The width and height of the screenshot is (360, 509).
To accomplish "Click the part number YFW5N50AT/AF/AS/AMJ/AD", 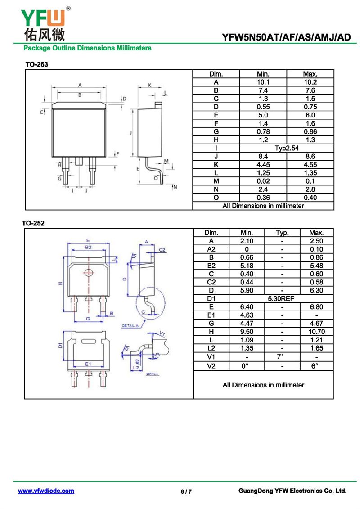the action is click(286, 37).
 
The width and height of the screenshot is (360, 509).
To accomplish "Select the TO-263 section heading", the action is click(37, 64).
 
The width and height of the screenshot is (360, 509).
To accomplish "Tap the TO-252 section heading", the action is click(33, 223).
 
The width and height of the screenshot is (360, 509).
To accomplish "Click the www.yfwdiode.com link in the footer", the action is click(46, 491).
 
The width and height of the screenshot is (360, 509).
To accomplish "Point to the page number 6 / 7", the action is click(186, 491).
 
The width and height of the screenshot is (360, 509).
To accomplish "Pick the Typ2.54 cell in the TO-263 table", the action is click(287, 149).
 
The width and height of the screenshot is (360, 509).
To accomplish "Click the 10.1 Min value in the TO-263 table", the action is click(263, 82).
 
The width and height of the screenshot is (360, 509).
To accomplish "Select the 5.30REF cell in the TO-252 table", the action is click(281, 299).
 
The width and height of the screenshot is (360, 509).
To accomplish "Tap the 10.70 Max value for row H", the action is click(316, 332).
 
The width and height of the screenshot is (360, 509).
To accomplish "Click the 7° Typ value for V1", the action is click(281, 356).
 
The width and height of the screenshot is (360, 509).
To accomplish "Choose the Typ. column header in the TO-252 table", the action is click(283, 233).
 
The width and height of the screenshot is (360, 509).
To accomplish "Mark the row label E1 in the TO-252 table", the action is click(211, 315).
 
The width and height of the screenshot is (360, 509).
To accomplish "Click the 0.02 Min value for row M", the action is click(263, 181).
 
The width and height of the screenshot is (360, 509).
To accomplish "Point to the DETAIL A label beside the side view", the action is click(130, 325).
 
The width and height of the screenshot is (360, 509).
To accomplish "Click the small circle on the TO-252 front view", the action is click(88, 273).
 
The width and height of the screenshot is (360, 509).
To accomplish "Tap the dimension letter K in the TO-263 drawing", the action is click(150, 85).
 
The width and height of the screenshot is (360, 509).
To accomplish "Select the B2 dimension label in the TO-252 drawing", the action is click(88, 247).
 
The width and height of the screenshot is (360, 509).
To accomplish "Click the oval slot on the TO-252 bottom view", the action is click(88, 341).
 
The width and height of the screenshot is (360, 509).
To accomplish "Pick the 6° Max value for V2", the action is click(314, 366).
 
